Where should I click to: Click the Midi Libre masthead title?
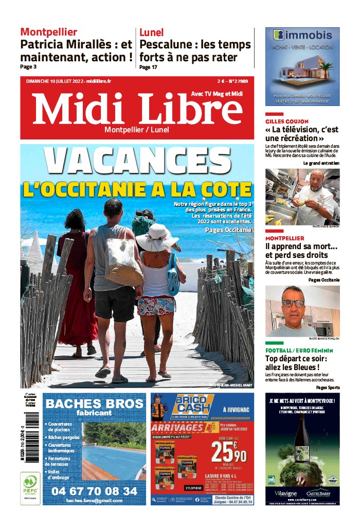pyautogui.click(x=137, y=110)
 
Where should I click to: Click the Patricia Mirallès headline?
pyautogui.click(x=76, y=50)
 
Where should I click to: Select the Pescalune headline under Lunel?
pyautogui.click(x=195, y=50)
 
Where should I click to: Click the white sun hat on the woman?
pyautogui.click(x=157, y=237)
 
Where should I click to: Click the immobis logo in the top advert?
pyautogui.click(x=302, y=36)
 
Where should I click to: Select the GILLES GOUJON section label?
pyautogui.click(x=287, y=121)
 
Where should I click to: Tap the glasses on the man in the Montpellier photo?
pyautogui.click(x=293, y=303)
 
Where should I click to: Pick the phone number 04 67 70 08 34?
pyautogui.click(x=94, y=491)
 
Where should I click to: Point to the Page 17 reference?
pyautogui.click(x=148, y=67)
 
